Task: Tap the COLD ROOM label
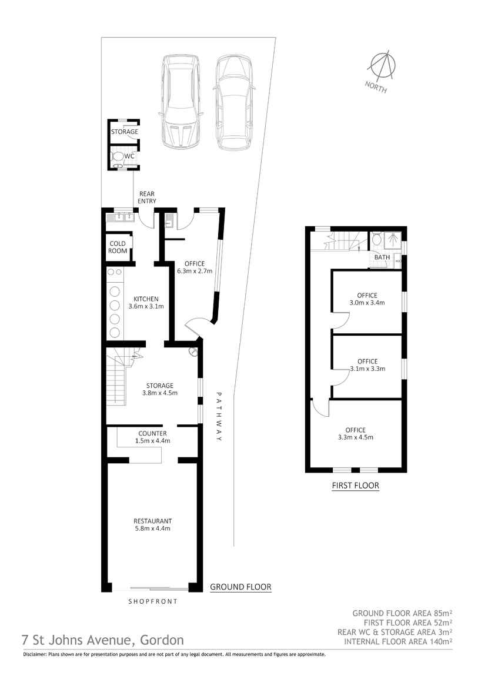point(118,247)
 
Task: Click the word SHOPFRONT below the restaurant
point(153,602)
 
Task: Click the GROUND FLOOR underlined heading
point(240,587)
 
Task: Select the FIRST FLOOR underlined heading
point(355,486)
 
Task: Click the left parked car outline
point(181,101)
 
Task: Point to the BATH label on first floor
point(382,257)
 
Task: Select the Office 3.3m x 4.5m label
point(356,433)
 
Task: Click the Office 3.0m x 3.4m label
point(367,299)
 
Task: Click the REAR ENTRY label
point(147,198)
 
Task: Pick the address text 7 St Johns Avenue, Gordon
point(102,640)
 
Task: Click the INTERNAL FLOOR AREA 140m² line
point(398,641)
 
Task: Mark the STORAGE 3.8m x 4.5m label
point(160,389)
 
